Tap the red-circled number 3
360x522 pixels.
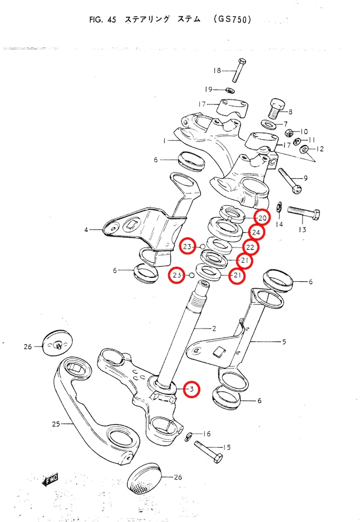click(x=191, y=389)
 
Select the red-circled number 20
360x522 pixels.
click(x=262, y=218)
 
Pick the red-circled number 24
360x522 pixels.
click(x=256, y=232)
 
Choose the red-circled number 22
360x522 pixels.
click(x=250, y=247)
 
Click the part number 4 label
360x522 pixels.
click(x=86, y=230)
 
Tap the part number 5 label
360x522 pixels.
click(x=284, y=341)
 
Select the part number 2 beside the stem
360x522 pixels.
click(x=214, y=328)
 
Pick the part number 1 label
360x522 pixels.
click(x=163, y=140)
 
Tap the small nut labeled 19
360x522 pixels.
click(x=229, y=90)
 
